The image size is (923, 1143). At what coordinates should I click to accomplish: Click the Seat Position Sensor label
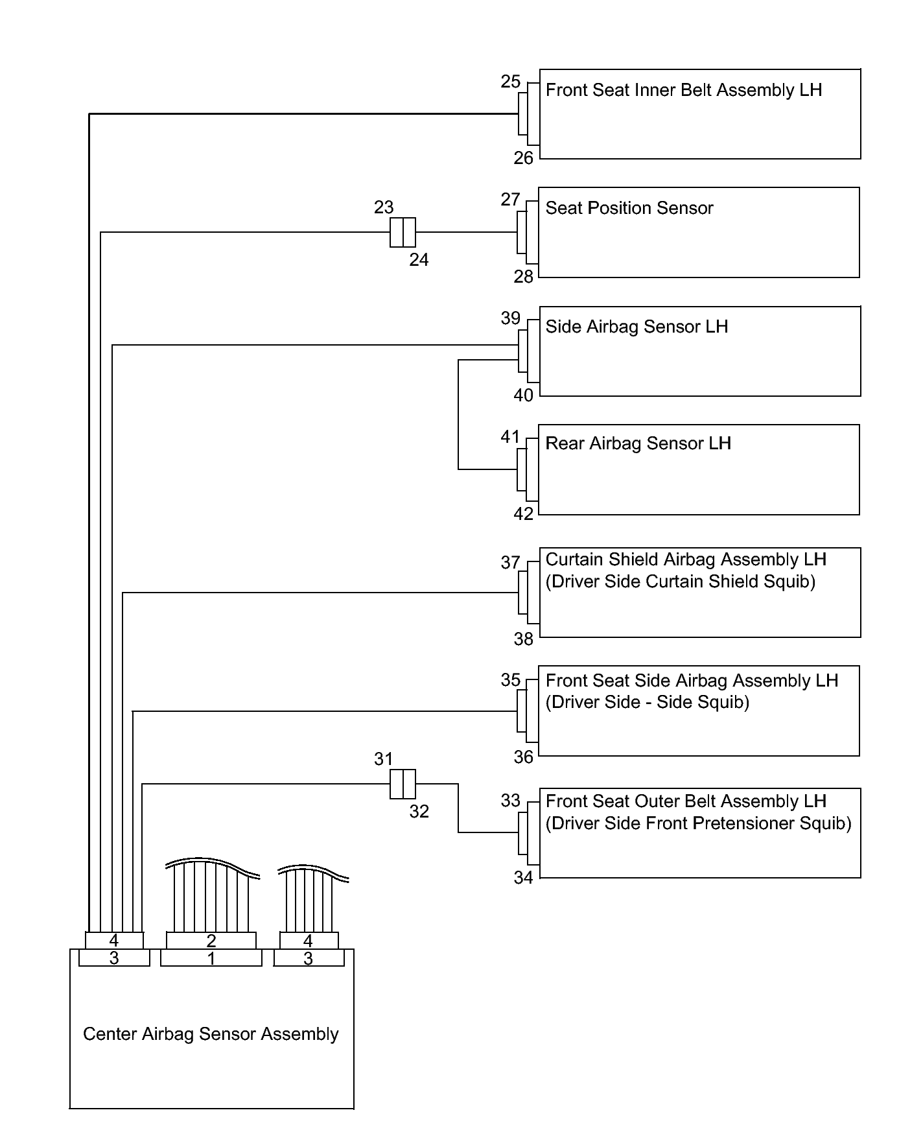pyautogui.click(x=629, y=208)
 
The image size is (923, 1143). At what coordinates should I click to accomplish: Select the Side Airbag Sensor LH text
pyautogui.click(x=637, y=326)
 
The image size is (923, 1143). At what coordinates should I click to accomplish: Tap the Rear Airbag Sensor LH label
pyautogui.click(x=638, y=443)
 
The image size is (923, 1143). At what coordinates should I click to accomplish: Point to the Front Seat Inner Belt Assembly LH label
pyautogui.click(x=683, y=90)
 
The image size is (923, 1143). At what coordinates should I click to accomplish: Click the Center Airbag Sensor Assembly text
pyautogui.click(x=211, y=1033)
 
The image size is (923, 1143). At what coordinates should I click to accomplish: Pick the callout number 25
pyautogui.click(x=510, y=82)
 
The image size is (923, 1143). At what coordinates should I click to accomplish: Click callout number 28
pyautogui.click(x=523, y=277)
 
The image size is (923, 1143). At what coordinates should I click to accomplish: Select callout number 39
pyautogui.click(x=510, y=318)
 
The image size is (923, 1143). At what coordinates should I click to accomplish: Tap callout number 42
pyautogui.click(x=523, y=514)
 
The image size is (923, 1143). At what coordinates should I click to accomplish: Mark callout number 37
pyautogui.click(x=510, y=563)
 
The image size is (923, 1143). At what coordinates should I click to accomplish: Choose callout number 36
pyautogui.click(x=523, y=757)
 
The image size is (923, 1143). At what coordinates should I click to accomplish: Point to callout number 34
pyautogui.click(x=523, y=878)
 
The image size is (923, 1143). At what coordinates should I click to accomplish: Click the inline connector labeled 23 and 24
pyautogui.click(x=403, y=233)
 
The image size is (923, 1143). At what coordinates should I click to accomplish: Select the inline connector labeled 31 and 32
pyautogui.click(x=403, y=784)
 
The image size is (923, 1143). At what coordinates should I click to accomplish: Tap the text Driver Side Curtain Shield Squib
pyautogui.click(x=681, y=582)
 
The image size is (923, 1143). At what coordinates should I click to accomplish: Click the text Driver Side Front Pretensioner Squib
pyautogui.click(x=698, y=823)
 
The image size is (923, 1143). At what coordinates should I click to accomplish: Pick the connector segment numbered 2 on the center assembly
pyautogui.click(x=211, y=941)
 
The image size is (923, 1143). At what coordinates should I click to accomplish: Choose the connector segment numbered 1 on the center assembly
pyautogui.click(x=211, y=958)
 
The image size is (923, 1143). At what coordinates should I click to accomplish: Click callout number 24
pyautogui.click(x=419, y=260)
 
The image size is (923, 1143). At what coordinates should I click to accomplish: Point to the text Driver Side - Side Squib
pyautogui.click(x=647, y=702)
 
